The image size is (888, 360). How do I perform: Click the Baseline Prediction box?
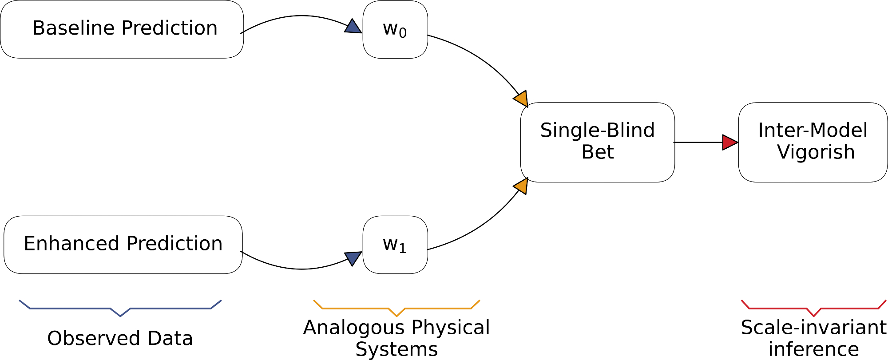122,29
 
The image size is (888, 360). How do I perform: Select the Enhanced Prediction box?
123,245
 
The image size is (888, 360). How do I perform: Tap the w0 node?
395,29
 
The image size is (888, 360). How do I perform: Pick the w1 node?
395,245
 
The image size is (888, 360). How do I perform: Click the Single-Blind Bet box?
598,142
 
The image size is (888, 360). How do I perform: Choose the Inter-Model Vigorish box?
813,142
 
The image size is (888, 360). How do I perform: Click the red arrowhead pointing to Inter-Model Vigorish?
729,142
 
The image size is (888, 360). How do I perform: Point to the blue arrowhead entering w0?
353,27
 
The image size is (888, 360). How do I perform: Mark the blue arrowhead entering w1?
353,257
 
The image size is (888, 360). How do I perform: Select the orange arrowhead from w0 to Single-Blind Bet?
521,98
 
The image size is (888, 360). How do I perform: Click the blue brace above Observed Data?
120,308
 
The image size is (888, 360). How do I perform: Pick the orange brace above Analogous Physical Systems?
396,308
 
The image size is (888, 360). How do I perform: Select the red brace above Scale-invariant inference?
813,308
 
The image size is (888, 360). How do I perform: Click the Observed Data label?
120,338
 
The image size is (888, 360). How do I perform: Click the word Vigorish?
816,152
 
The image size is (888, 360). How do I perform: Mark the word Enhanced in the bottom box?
71,244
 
